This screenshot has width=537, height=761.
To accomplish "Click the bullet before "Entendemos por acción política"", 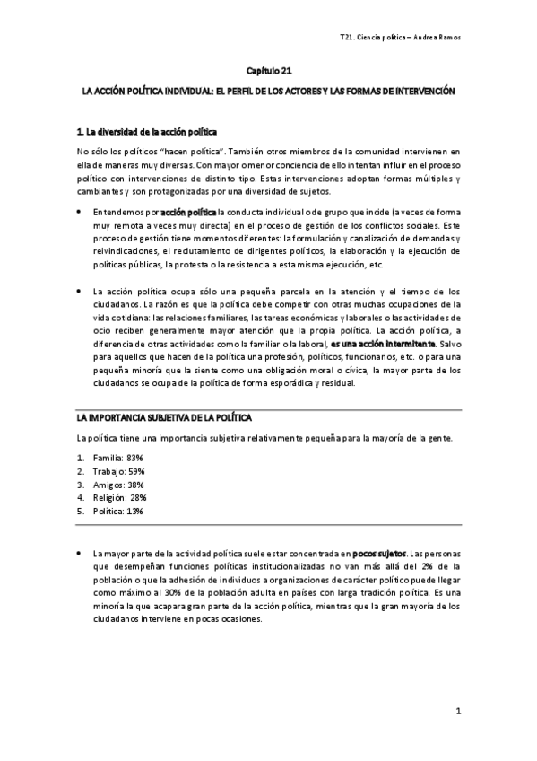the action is coord(80,210).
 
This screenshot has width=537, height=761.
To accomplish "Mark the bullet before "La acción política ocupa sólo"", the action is coord(80,292).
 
